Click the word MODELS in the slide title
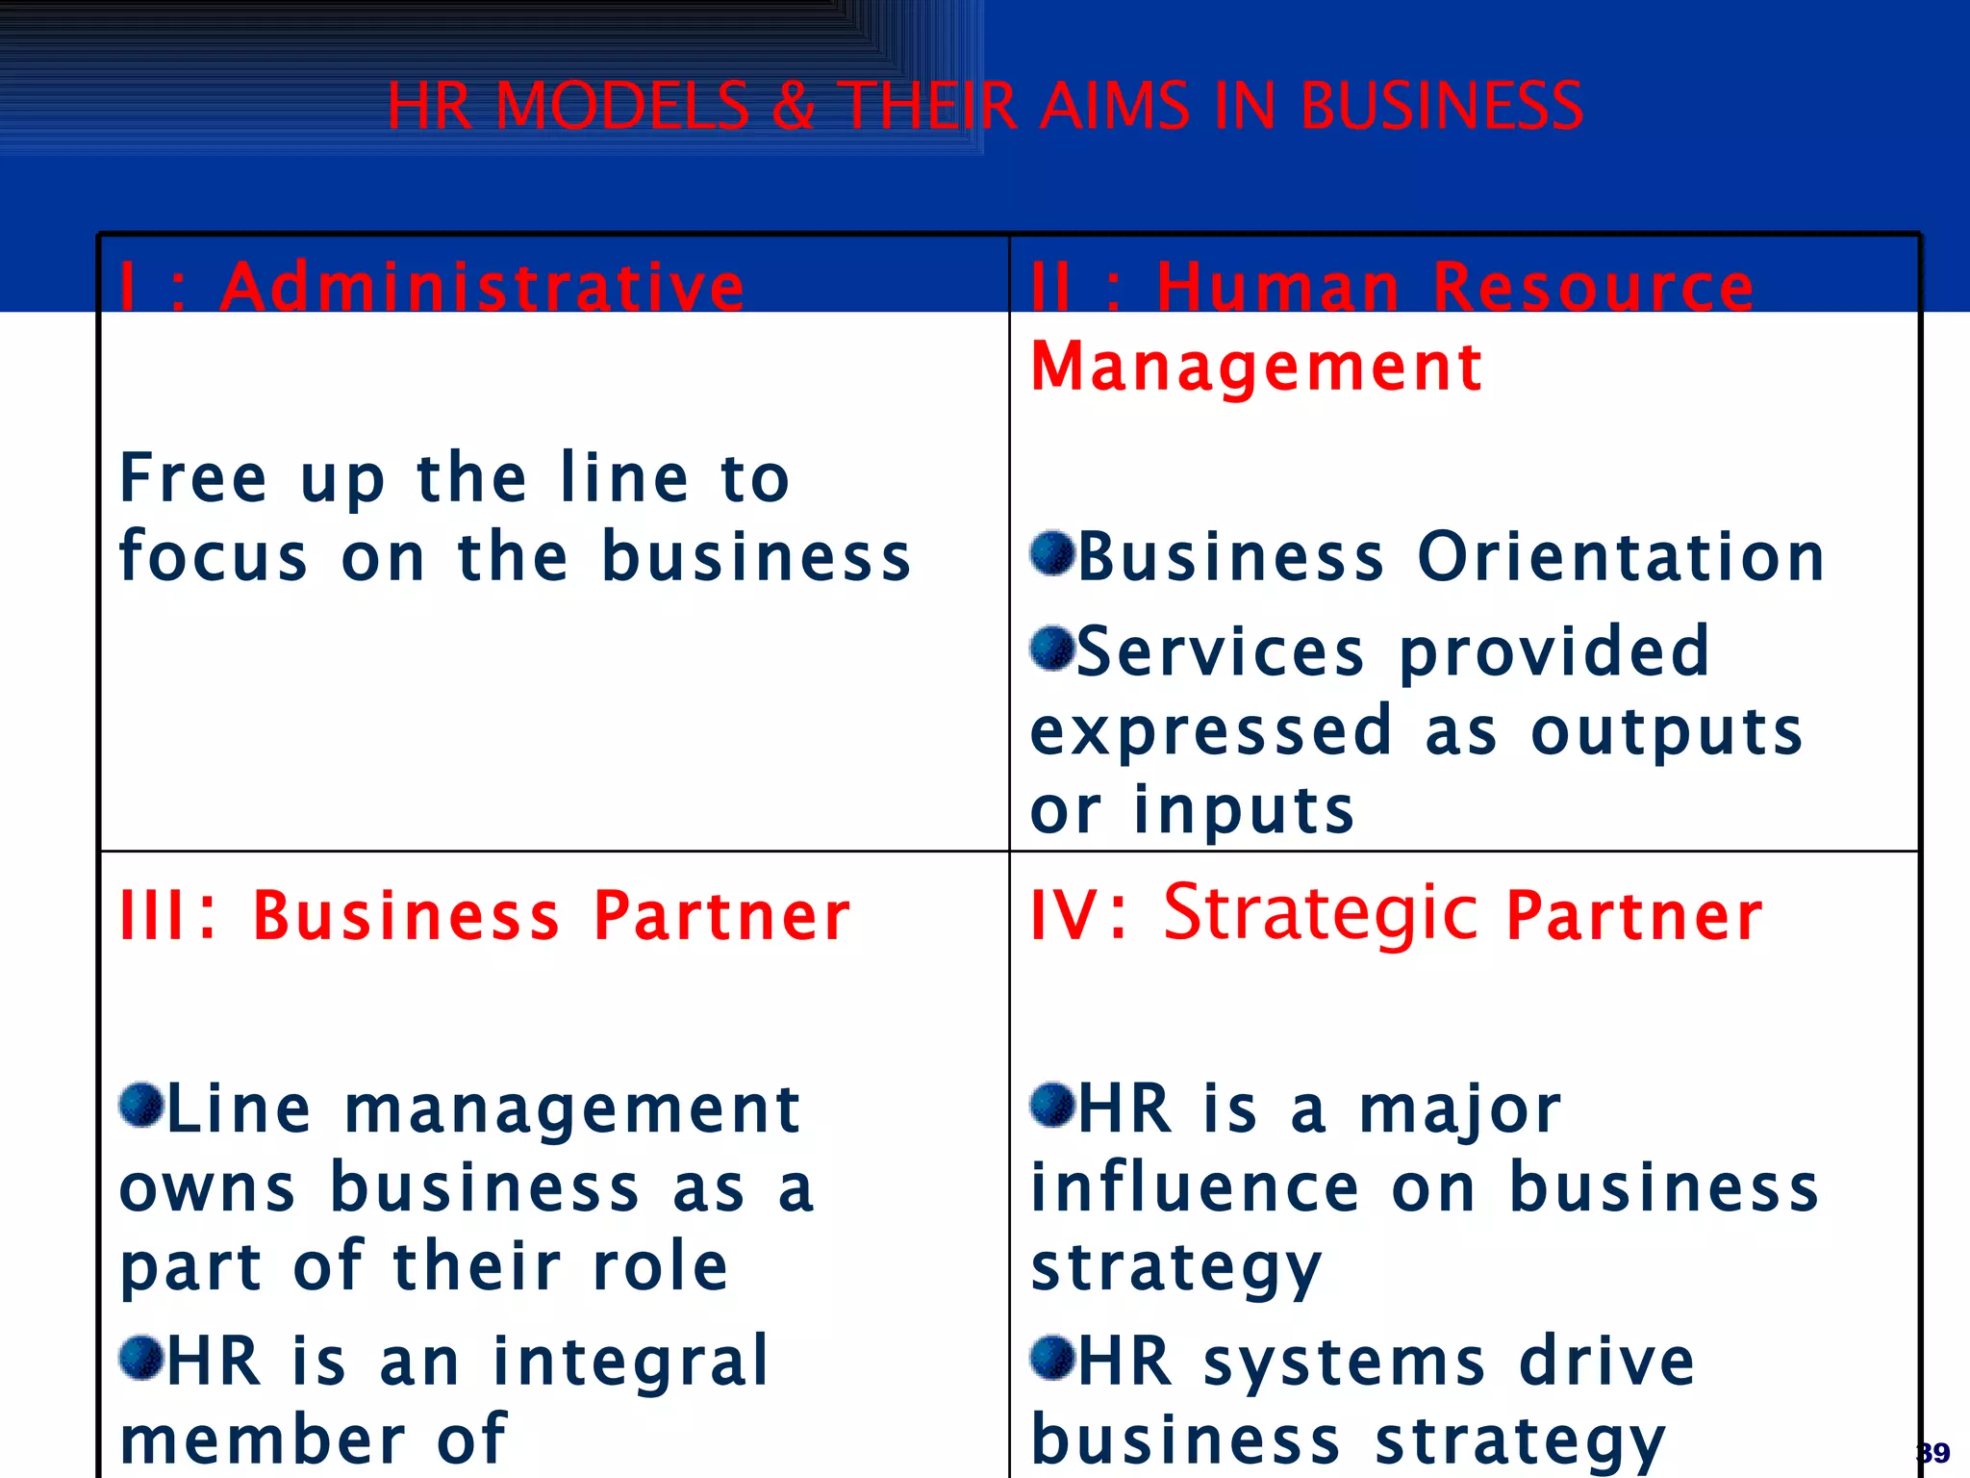click(621, 106)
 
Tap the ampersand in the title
click(794, 106)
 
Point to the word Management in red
click(1256, 367)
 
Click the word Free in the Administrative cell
click(193, 478)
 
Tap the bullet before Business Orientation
click(1051, 553)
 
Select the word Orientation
click(1621, 557)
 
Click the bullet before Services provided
click(1051, 649)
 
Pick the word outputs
click(1666, 732)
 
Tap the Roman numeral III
click(154, 914)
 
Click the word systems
click(1345, 1363)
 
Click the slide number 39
click(1933, 1452)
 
